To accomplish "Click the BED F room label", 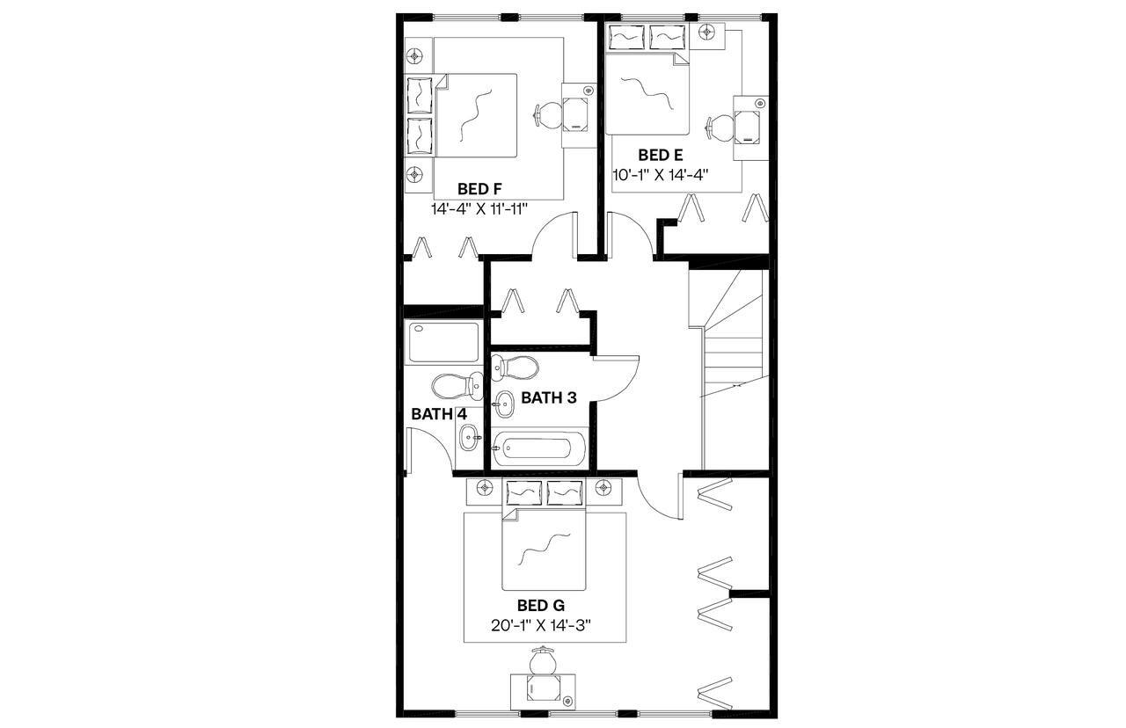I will coord(479,189).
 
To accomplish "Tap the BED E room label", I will coord(661,157).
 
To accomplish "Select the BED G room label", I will coord(540,606).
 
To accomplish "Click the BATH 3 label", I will coord(549,397).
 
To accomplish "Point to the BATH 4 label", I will coord(439,414).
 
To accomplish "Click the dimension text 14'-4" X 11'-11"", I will coord(479,209).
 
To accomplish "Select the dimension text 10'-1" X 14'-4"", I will coord(661,175).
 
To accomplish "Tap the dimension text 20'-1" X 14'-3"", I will coord(540,626).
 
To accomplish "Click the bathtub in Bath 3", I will coord(539,448).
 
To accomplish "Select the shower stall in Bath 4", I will coord(443,343).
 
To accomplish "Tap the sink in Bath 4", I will coord(469,433).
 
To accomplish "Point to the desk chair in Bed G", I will coord(543,659).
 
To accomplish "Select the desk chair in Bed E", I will coord(720,127).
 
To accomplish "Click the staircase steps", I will coord(732,352).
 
